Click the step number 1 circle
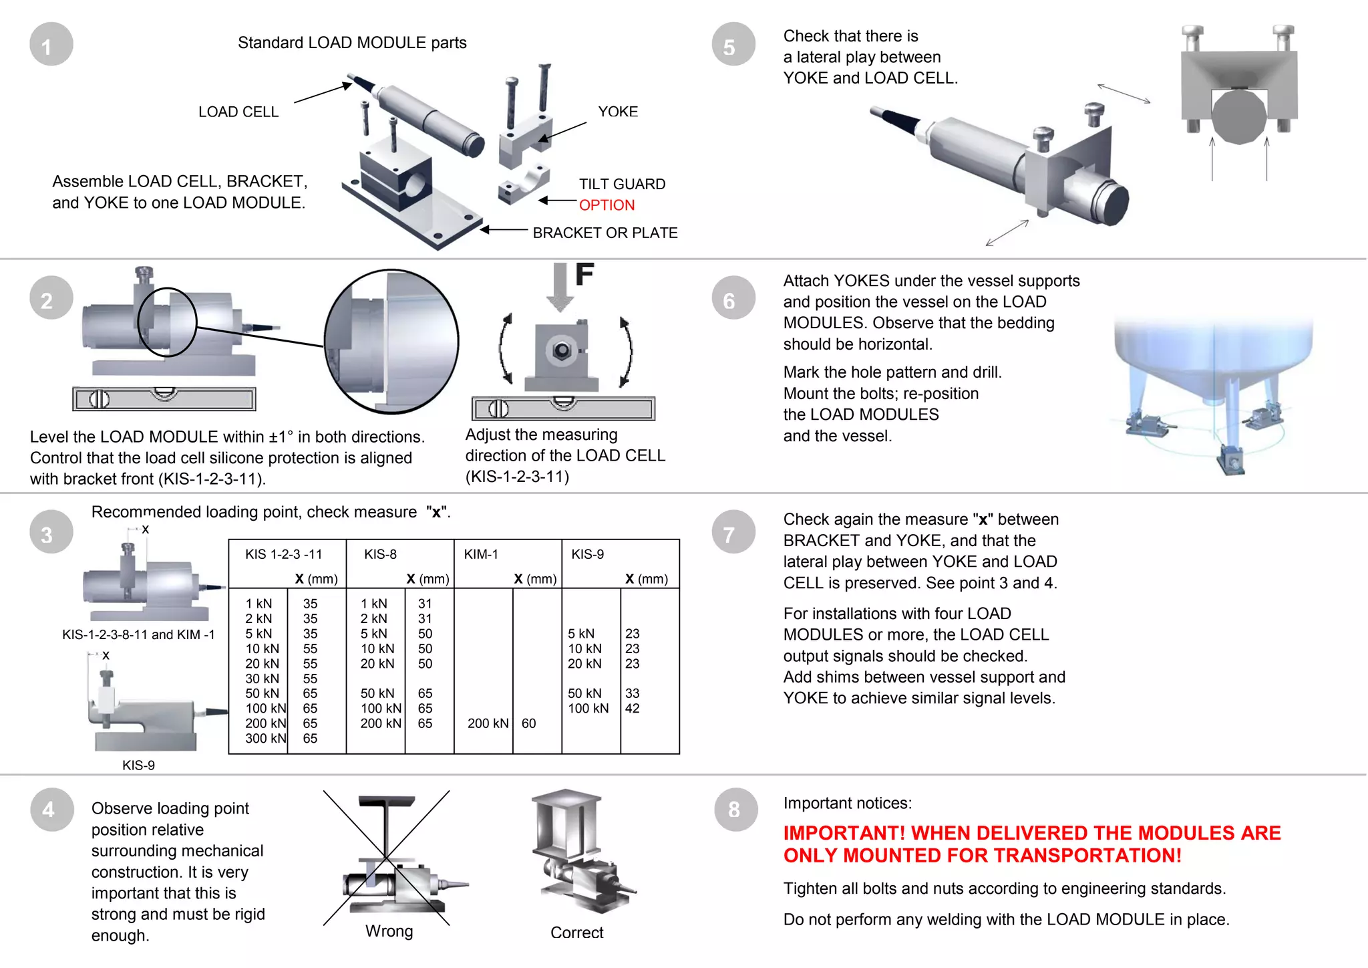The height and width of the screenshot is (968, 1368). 51,45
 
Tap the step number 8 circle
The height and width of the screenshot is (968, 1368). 735,810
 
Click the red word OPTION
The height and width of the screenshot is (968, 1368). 607,205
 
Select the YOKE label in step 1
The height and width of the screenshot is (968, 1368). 618,112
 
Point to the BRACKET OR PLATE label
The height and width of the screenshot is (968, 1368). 605,233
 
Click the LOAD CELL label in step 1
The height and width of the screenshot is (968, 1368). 238,112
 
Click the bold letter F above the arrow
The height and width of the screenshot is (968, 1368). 584,274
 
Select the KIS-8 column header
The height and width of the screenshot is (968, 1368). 380,554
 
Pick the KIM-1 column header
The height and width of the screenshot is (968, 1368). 481,554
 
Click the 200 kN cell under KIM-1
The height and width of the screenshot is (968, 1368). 488,723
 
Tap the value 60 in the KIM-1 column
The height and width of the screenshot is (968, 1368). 528,723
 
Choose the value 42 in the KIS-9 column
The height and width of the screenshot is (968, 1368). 632,709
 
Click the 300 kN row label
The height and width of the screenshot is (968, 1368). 265,738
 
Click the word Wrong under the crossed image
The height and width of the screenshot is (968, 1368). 389,931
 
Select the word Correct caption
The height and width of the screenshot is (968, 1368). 576,933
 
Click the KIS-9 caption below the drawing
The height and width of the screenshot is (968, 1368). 138,765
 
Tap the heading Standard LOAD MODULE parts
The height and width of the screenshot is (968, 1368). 352,43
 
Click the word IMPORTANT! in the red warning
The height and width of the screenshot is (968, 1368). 844,833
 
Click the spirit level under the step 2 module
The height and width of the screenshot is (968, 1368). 164,399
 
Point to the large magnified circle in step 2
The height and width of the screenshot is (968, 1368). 391,342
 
